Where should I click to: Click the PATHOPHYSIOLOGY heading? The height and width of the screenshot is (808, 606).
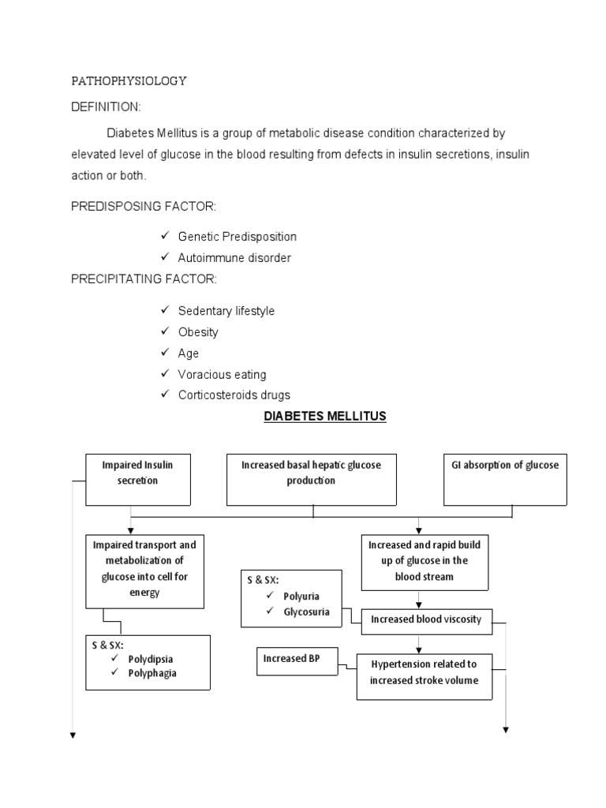129,81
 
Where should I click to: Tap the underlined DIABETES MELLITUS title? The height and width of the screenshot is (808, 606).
324,416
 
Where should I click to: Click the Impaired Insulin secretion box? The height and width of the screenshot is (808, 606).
137,479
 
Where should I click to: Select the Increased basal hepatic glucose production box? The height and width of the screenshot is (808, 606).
311,479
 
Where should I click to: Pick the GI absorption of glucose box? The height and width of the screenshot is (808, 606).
505,479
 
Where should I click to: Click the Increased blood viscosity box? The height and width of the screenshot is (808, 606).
425,619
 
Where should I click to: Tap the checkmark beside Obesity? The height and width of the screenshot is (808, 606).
164,332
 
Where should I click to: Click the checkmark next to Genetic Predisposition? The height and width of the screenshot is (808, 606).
164,237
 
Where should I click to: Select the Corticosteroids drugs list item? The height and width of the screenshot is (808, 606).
234,395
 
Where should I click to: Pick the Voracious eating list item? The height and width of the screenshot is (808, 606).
222,374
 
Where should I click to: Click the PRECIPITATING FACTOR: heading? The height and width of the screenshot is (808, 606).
144,279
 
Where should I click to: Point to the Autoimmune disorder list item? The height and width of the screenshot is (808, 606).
234,258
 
